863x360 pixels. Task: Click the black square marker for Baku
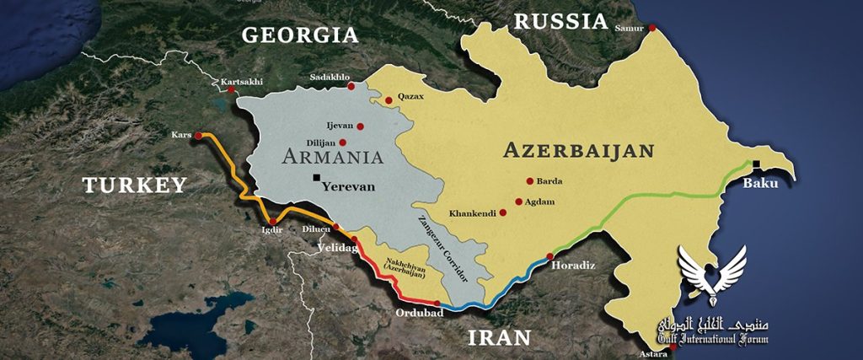[x=758, y=164]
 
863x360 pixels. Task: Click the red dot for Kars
[x=198, y=135]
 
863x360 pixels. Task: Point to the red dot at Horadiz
[x=549, y=256]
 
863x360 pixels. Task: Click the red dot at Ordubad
[x=437, y=303]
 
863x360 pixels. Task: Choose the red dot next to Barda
[x=529, y=180]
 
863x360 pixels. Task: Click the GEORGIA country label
[x=299, y=35]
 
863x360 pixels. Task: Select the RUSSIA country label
[x=560, y=21]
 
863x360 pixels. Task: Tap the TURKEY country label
[x=133, y=185]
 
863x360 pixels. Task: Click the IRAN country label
[x=501, y=338]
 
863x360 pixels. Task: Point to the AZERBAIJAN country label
[x=578, y=151]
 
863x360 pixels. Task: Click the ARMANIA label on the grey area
[x=333, y=156]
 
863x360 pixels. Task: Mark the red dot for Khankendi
[x=503, y=212]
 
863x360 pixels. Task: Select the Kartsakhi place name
[x=242, y=82]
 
